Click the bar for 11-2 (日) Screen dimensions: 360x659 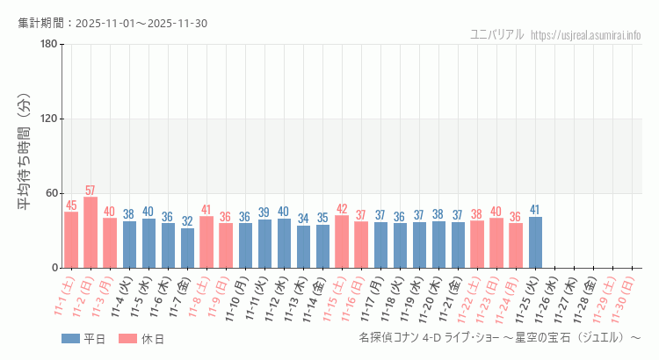[x=91, y=233]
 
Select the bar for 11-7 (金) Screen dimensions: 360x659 [x=187, y=248]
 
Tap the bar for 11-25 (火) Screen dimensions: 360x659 [x=535, y=242]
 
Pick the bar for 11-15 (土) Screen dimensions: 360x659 [x=342, y=241]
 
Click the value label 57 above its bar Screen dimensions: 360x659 [x=91, y=191]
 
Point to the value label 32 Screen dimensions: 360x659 [x=187, y=221]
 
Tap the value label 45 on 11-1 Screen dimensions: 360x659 [x=71, y=205]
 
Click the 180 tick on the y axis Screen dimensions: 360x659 [x=48, y=45]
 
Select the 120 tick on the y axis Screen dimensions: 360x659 [x=48, y=119]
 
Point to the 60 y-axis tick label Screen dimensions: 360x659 [x=51, y=193]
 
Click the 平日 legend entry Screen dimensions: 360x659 [x=83, y=339]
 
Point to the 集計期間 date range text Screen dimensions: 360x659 [x=112, y=23]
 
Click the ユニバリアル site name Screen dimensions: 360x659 [x=497, y=35]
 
